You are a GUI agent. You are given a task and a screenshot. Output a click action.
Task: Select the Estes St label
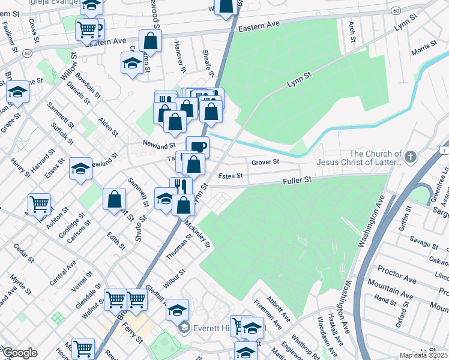click(230, 176)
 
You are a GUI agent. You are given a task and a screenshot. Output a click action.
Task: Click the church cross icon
click(410, 157)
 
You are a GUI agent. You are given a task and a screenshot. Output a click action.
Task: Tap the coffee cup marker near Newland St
click(197, 146)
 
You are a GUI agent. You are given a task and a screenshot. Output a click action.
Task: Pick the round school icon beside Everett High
click(184, 328)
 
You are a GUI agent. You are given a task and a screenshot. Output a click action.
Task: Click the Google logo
click(20, 353)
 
